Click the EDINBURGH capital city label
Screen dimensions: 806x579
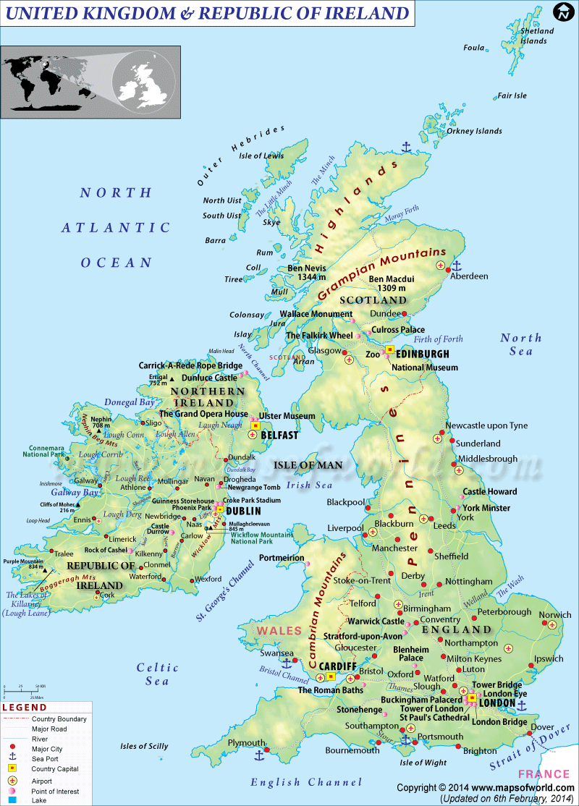point(423,354)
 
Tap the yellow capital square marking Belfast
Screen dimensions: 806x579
point(255,426)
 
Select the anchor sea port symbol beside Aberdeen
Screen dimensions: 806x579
point(456,266)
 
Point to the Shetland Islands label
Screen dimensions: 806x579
point(537,35)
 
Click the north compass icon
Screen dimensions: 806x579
point(562,12)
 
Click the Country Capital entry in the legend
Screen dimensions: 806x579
point(55,769)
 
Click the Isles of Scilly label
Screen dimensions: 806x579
point(144,746)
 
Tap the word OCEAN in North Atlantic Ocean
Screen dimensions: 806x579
point(117,263)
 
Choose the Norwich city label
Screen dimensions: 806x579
point(555,615)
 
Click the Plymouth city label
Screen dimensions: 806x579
point(246,743)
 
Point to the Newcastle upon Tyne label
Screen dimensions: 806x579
point(486,425)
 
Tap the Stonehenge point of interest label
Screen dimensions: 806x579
point(359,710)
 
